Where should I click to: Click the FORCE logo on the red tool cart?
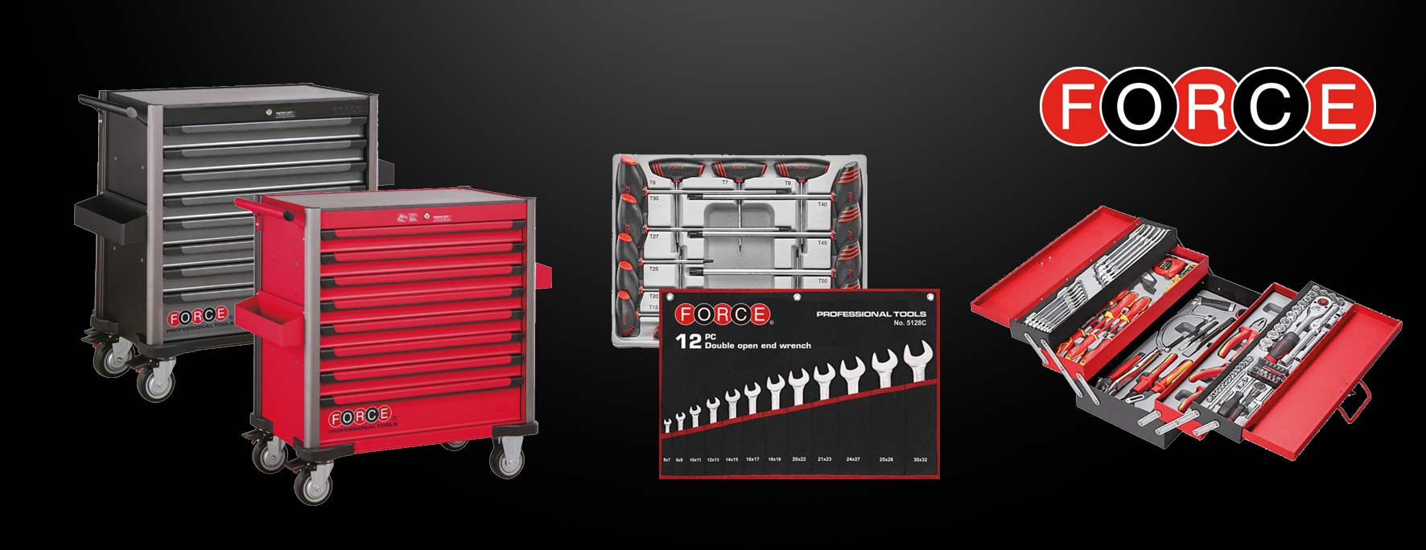(359, 419)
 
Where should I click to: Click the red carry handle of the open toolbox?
(1354, 401)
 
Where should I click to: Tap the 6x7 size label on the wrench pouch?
(666, 459)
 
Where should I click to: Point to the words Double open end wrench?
(757, 346)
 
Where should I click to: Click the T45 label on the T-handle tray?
(822, 243)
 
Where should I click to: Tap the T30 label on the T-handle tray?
(653, 198)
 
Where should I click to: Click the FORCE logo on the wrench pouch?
(722, 314)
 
